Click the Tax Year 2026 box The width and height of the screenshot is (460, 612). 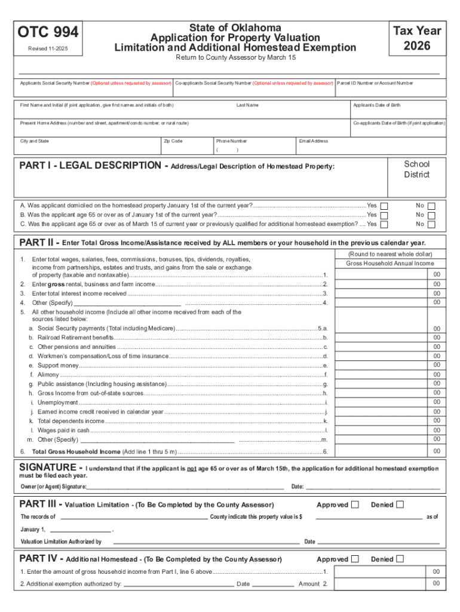pyautogui.click(x=416, y=38)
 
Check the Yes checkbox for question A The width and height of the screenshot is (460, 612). pyautogui.click(x=384, y=206)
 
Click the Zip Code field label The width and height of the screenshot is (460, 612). pyautogui.click(x=173, y=141)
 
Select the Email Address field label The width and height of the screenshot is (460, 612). pyautogui.click(x=314, y=141)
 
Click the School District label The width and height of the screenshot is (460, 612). pyautogui.click(x=416, y=170)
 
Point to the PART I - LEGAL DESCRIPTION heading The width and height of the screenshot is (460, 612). pyautogui.click(x=90, y=166)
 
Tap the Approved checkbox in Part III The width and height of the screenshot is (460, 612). pyautogui.click(x=355, y=505)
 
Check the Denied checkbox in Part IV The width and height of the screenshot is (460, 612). pyautogui.click(x=400, y=559)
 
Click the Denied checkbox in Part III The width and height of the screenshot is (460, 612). pyautogui.click(x=400, y=505)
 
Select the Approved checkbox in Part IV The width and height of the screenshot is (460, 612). pyautogui.click(x=355, y=559)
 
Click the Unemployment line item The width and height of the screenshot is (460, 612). pyautogui.click(x=57, y=403)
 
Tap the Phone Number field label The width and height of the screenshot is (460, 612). pyautogui.click(x=231, y=141)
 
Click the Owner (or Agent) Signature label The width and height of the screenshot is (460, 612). pyautogui.click(x=54, y=487)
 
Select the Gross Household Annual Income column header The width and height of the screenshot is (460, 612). pyautogui.click(x=390, y=264)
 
